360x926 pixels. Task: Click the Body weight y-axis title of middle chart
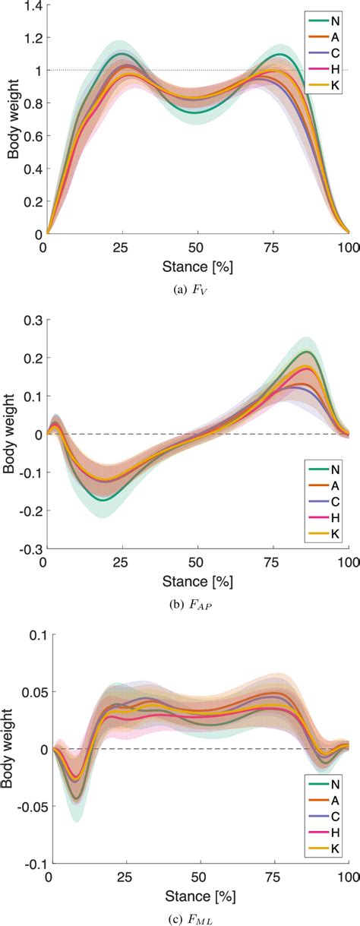[x=9, y=435]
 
